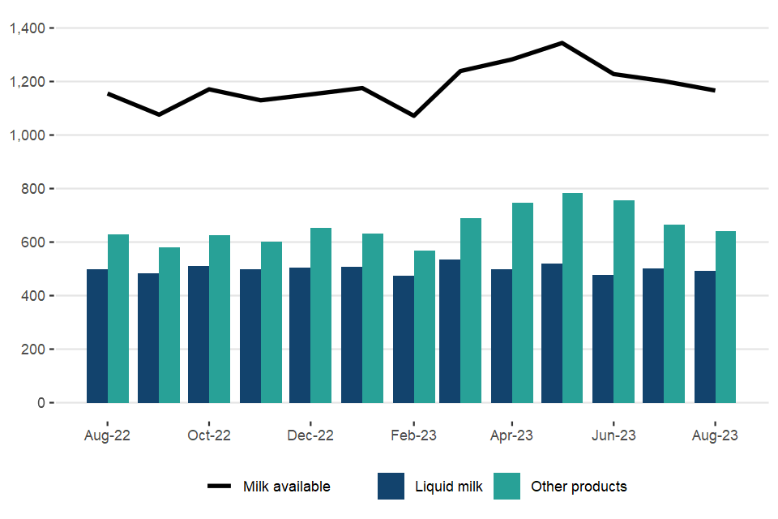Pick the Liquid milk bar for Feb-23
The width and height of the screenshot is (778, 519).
point(403,339)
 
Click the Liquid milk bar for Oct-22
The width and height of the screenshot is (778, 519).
point(199,334)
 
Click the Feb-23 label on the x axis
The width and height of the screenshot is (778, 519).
point(413,435)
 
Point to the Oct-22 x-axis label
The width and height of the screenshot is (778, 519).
point(209,435)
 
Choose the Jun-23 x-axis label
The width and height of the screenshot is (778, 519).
point(613,435)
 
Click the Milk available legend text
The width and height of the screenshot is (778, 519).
point(287,487)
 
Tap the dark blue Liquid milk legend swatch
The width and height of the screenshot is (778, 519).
point(391,487)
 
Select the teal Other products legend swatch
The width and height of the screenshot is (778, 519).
point(507,487)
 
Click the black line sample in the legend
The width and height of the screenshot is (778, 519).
point(220,487)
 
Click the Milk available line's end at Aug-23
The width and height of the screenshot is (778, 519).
point(715,90)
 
